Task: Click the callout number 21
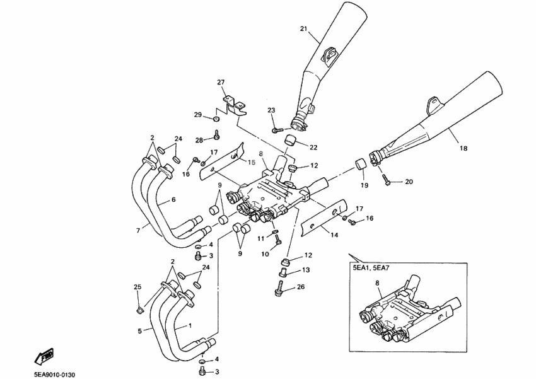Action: [303, 29]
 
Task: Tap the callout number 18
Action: [463, 149]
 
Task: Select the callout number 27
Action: [221, 83]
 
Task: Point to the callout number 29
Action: [197, 115]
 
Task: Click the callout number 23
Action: [272, 110]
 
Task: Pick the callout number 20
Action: [409, 182]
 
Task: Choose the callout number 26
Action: [300, 288]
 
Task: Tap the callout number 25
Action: [137, 288]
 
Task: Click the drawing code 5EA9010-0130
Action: [55, 375]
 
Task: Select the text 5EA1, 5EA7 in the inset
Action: [373, 267]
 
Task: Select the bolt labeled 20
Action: [387, 181]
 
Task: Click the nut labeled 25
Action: [140, 309]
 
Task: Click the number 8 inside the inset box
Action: [378, 283]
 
